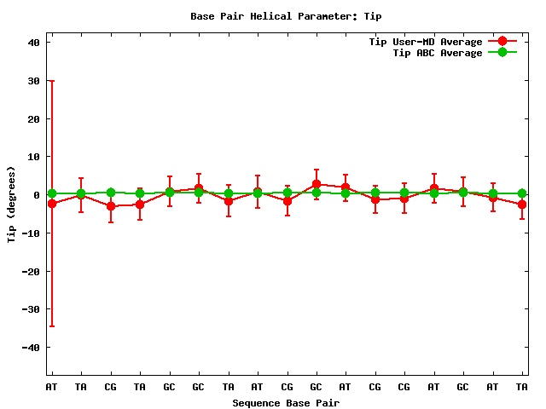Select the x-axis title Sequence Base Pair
[286, 402]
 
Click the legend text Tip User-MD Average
[425, 41]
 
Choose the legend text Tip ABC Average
[437, 52]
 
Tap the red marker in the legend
[502, 41]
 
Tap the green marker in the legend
[502, 52]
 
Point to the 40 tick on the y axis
[34, 42]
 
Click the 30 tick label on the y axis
[34, 80]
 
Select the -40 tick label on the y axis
[31, 348]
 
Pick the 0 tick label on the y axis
[38, 194]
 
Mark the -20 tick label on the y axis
[31, 271]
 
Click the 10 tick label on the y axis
[34, 157]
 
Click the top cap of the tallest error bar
[52, 81]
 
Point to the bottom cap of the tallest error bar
[52, 326]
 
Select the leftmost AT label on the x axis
[52, 387]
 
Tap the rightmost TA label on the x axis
[522, 387]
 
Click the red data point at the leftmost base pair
[52, 204]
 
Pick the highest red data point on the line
[316, 184]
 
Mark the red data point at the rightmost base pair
[522, 204]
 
